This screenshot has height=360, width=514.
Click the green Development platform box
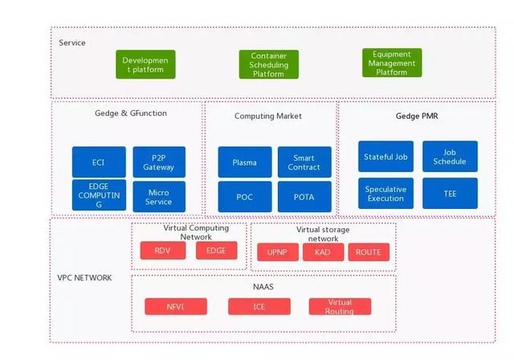pos(145,64)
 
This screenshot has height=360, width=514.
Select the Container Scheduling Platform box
pos(268,64)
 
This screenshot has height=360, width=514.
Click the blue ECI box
pos(98,162)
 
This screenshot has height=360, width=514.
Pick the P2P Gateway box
pos(158,162)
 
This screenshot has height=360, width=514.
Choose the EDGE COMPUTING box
pos(98,195)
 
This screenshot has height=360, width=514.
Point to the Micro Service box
pos(158,196)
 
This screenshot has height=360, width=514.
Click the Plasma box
pos(244,162)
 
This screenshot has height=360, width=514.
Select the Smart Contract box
pos(304,162)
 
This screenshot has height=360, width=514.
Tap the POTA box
pos(304,196)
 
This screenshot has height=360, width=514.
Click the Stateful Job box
pos(386,157)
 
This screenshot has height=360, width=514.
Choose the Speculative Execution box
pos(386,194)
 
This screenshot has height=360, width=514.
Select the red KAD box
pos(323,252)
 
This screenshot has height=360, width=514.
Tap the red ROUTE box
pos(369,252)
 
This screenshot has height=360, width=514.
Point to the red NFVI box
pos(176,306)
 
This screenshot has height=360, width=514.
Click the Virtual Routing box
pos(340,306)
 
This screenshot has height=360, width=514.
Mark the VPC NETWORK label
pos(84,278)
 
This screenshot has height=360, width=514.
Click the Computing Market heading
pos(268,116)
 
